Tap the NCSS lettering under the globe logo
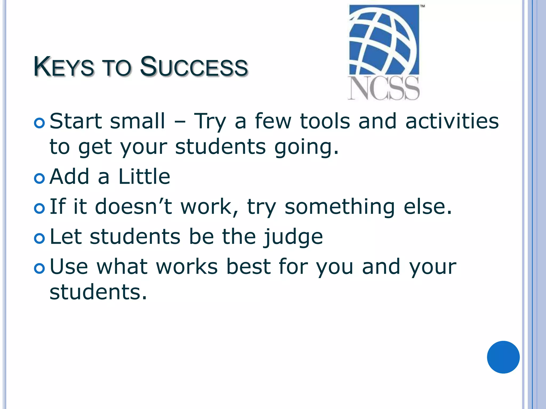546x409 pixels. coord(384,88)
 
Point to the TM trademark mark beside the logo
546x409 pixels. coord(423,6)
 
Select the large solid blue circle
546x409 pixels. coord(503,357)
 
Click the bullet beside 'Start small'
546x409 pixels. coord(39,123)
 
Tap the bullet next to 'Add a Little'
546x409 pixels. coord(39,179)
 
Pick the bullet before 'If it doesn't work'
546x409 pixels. coord(39,208)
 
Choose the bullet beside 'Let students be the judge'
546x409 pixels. coord(39,239)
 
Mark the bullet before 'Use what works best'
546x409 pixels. coord(39,269)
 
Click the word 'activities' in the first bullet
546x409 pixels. coord(452,121)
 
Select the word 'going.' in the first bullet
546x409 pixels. coord(307,147)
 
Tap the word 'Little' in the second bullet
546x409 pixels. coord(144,177)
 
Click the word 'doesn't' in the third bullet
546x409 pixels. coord(133,206)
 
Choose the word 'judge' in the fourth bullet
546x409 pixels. coord(293,237)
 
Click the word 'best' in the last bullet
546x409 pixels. coord(248,267)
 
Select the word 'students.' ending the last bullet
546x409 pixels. coord(98,292)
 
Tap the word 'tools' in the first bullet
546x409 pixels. coord(325,121)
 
